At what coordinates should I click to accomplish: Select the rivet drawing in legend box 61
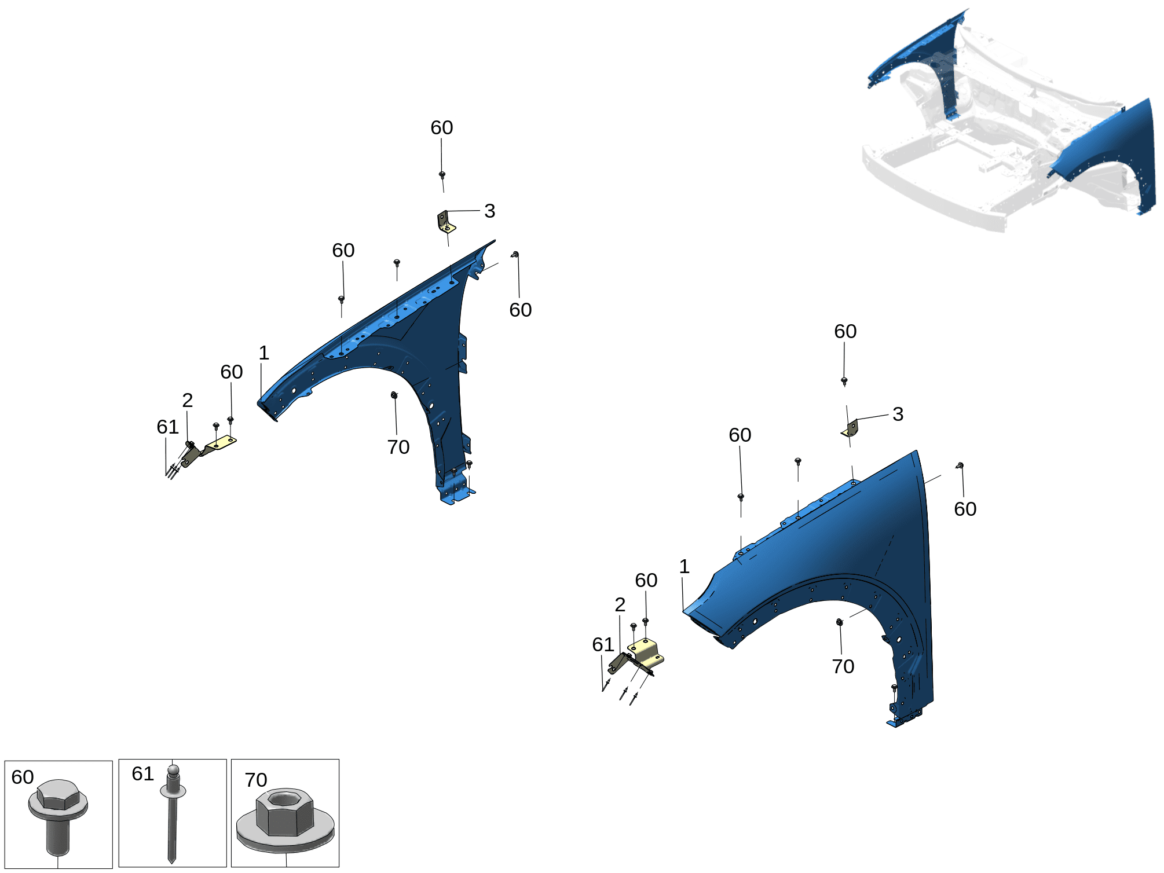click(x=173, y=813)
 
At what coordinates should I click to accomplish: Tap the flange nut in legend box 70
click(x=285, y=820)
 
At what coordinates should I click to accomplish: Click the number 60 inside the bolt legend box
click(x=23, y=777)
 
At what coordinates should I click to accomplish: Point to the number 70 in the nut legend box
click(x=255, y=780)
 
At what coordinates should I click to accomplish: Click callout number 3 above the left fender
click(x=489, y=211)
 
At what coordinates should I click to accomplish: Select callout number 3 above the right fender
click(x=898, y=414)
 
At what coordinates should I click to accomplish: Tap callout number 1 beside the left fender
click(x=264, y=353)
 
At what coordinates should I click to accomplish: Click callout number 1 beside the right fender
click(x=685, y=566)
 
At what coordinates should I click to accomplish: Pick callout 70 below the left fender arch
click(x=398, y=447)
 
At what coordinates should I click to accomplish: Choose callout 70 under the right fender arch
click(x=843, y=666)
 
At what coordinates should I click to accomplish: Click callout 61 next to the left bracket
click(x=168, y=427)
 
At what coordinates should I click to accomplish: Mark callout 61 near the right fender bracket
click(x=603, y=644)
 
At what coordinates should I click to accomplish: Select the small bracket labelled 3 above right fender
click(x=850, y=429)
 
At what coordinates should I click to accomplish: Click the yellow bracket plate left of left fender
click(x=221, y=443)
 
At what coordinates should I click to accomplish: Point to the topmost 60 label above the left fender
click(x=442, y=127)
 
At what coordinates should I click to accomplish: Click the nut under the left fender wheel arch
click(x=394, y=395)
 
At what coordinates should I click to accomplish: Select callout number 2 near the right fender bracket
click(x=620, y=604)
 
